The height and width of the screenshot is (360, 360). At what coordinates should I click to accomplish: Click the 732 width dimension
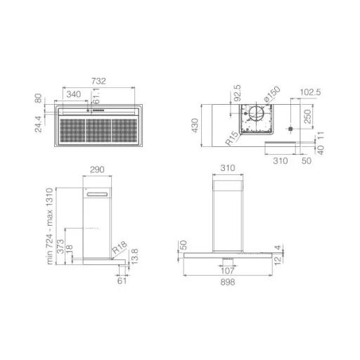coord(98,81)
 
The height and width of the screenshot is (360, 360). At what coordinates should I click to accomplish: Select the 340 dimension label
coord(74,94)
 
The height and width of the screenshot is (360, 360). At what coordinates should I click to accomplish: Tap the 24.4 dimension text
coord(38,124)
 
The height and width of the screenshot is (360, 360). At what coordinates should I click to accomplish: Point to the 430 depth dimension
coord(195,125)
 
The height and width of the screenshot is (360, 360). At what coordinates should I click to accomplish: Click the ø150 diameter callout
coord(272,94)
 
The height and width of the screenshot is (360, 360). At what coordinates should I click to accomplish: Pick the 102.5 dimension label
coord(310,92)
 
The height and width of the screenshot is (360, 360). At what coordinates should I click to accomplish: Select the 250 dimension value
coord(307,117)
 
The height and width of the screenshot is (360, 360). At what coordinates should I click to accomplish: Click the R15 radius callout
coord(232,138)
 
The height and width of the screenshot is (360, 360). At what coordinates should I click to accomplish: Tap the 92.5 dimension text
coord(237,93)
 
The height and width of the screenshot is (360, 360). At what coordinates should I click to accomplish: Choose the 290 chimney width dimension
coord(97,169)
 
